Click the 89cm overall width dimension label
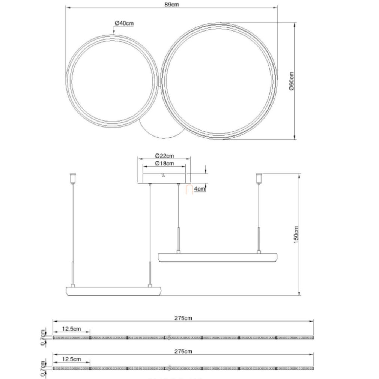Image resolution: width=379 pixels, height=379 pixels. pos(172,5)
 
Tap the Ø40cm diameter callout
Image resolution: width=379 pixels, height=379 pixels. pos(124,23)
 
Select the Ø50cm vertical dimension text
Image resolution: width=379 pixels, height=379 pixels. pos(292,81)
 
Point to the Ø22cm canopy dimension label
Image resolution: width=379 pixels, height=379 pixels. pos(164,156)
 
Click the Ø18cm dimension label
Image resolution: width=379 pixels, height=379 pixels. pos(164,163)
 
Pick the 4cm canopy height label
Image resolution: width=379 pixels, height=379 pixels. pos(199,189)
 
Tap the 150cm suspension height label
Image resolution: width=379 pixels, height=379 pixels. pos(296,235)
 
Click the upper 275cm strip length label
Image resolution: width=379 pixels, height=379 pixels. pos(183,318)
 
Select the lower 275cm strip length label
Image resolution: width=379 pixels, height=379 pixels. pos(183,351)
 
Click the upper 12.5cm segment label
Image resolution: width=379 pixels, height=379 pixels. pos(72,329)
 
